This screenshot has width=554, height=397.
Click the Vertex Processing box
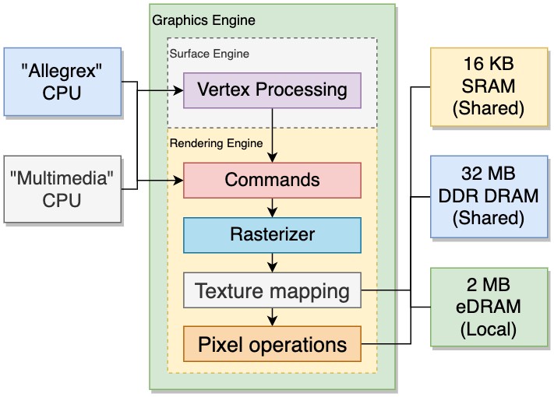pyautogui.click(x=272, y=90)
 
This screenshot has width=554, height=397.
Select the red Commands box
pyautogui.click(x=272, y=180)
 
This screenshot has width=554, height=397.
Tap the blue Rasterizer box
pyautogui.click(x=272, y=234)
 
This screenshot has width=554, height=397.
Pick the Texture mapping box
pyautogui.click(x=272, y=291)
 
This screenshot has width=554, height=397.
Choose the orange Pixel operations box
pyautogui.click(x=272, y=344)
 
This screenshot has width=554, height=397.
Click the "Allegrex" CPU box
pyautogui.click(x=62, y=83)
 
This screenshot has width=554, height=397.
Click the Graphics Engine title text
pyautogui.click(x=203, y=19)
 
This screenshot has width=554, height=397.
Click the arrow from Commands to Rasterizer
pyautogui.click(x=272, y=207)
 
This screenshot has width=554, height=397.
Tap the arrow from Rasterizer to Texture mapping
pyautogui.click(x=272, y=262)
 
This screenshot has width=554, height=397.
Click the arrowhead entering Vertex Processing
pyautogui.click(x=178, y=90)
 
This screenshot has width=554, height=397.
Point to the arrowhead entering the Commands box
pyautogui.click(x=178, y=181)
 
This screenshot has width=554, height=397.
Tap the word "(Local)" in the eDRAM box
pyautogui.click(x=489, y=328)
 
